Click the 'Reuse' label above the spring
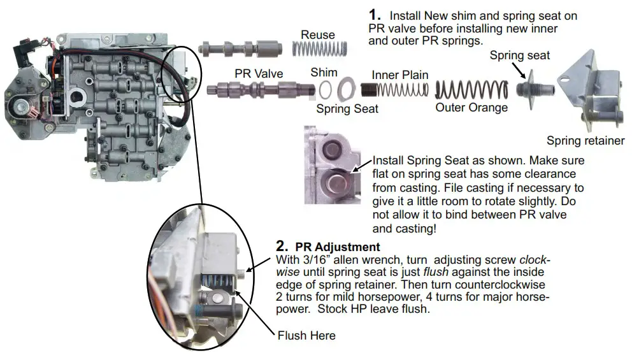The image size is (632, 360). [318, 35]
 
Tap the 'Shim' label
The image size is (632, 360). [324, 73]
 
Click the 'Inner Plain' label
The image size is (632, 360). [399, 75]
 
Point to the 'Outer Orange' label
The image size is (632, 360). [471, 107]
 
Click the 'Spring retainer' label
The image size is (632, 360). [585, 141]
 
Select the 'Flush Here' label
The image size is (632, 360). [306, 335]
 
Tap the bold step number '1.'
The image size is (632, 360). [375, 15]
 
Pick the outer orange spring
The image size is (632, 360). [471, 89]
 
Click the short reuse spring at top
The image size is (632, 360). [319, 48]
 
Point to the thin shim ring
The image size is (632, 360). [325, 89]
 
